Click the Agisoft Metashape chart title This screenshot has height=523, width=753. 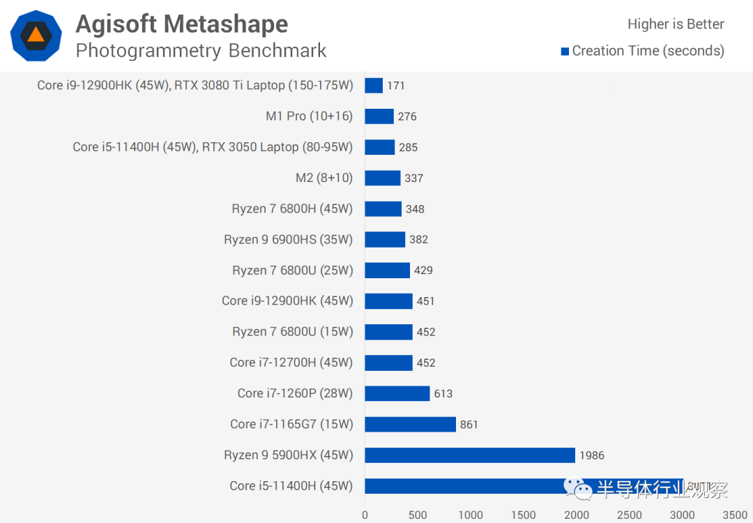tap(181, 24)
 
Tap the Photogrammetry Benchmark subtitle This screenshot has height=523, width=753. tap(201, 51)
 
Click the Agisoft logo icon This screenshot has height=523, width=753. tap(36, 36)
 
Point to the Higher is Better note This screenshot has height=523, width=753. tap(675, 24)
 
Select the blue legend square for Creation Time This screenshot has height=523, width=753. tap(565, 51)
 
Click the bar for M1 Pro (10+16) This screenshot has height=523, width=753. tap(379, 116)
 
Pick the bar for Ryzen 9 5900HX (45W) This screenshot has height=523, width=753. tap(469, 455)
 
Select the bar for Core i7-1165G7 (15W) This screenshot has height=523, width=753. tap(410, 424)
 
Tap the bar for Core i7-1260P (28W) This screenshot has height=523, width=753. tap(397, 393)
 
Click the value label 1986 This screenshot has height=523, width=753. tap(591, 455)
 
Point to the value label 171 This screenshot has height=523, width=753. tap(396, 86)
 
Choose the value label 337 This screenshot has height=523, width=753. tap(413, 178)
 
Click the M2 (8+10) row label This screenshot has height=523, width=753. tap(324, 178)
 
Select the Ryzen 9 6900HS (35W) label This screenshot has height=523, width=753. tap(288, 239)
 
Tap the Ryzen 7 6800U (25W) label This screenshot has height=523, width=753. tap(292, 270)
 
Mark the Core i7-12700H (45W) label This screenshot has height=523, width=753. tap(291, 363)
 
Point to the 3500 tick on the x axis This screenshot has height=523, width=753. tap(735, 515)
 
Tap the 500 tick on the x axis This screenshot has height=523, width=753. tap(418, 515)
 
